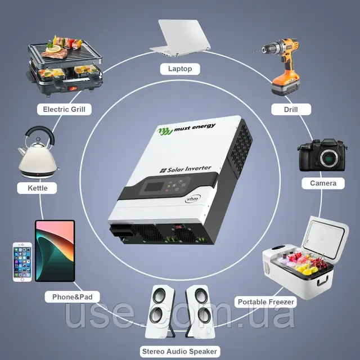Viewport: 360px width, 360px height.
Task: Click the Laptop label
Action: (x=180, y=69)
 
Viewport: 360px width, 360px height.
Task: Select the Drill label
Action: (x=291, y=109)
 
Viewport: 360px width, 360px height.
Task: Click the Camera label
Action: (x=323, y=183)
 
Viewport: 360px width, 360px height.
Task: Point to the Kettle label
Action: (x=37, y=187)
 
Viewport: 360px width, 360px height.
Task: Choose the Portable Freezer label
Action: (x=265, y=302)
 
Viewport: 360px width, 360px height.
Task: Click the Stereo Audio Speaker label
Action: (x=179, y=351)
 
